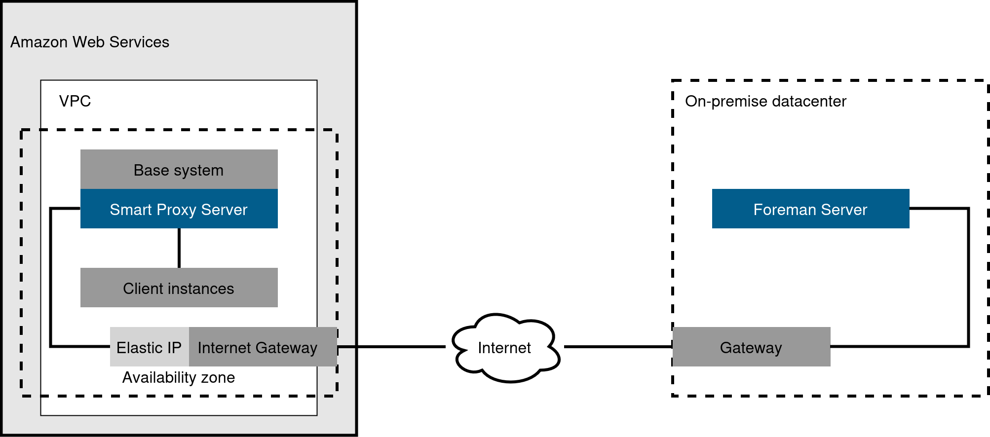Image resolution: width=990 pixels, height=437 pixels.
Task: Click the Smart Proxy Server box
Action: [x=179, y=209]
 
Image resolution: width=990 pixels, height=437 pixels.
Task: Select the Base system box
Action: [x=179, y=169]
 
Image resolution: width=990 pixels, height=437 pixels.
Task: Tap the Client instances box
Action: [x=179, y=288]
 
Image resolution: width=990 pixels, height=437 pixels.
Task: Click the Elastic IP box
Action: [x=149, y=347]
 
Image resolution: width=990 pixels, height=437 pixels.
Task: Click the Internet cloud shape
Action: [x=505, y=348]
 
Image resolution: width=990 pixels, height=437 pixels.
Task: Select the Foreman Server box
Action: [x=810, y=209]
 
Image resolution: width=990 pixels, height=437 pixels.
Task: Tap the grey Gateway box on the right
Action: [x=751, y=347]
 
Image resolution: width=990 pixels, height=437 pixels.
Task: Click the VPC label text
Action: [x=75, y=101]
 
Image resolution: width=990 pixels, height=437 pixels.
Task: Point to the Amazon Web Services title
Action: [x=90, y=42]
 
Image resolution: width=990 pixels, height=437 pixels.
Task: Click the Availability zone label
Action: [x=178, y=377]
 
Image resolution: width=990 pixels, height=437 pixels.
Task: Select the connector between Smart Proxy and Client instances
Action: [x=179, y=248]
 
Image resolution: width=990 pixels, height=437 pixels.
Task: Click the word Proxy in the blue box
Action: [x=174, y=210]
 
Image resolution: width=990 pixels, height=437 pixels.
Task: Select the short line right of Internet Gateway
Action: [x=346, y=347]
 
